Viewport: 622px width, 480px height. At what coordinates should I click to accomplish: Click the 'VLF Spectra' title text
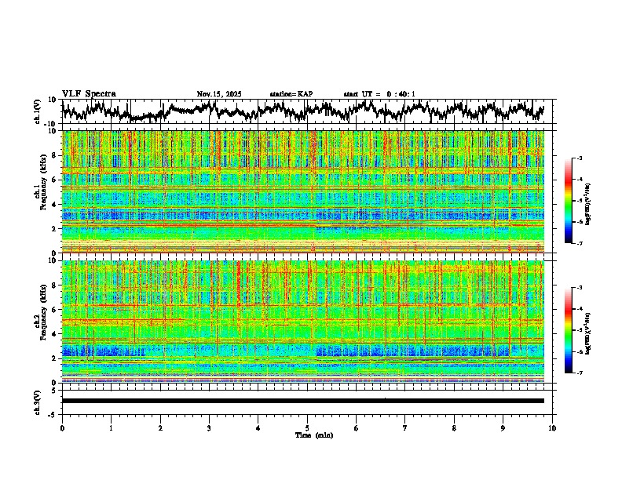[x=89, y=93]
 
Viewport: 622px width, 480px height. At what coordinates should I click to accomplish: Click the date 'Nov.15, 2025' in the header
[x=219, y=94]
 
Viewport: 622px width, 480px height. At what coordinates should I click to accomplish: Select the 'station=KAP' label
[x=291, y=94]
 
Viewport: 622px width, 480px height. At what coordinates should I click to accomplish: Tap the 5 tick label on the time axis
[x=307, y=427]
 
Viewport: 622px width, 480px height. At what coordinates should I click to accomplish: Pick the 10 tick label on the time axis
[x=552, y=427]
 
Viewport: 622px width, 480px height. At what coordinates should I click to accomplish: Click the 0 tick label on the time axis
[x=62, y=427]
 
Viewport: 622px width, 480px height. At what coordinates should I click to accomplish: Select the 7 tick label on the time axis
[x=405, y=427]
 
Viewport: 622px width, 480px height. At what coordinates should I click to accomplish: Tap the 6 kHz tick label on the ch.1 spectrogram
[x=54, y=180]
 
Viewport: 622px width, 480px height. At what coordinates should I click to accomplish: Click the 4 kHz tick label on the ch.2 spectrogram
[x=54, y=333]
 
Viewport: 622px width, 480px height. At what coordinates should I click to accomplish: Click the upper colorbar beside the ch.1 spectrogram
[x=576, y=201]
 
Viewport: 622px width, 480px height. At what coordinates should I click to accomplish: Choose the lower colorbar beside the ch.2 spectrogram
[x=576, y=330]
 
